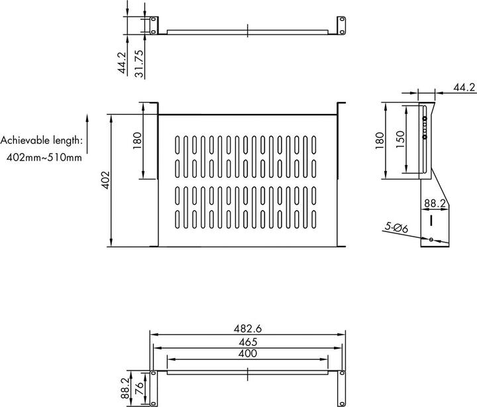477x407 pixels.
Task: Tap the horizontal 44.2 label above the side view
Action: pos(464,87)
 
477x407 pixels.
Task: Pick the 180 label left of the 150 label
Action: pos(380,141)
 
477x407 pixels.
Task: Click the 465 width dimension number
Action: pos(247,342)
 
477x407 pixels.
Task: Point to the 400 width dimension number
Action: pos(247,355)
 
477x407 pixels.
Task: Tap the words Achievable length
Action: pos(41,140)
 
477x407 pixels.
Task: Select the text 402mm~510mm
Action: pos(41,156)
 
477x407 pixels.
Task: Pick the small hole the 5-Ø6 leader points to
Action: pos(431,239)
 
